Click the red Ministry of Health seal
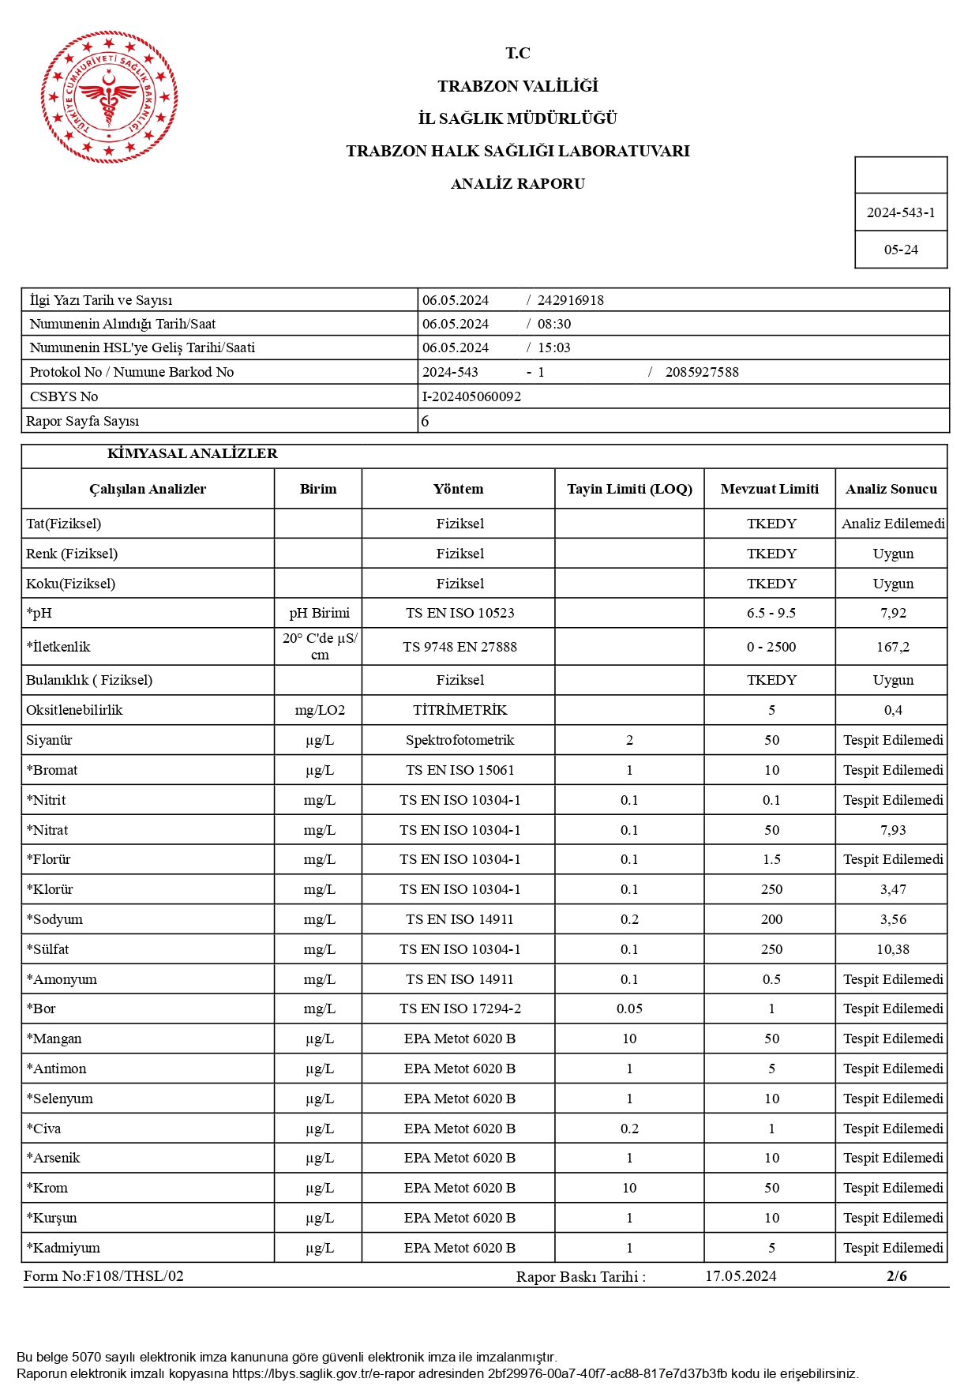pyautogui.click(x=109, y=97)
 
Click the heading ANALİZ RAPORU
pyautogui.click(x=517, y=184)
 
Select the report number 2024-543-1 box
pyautogui.click(x=900, y=212)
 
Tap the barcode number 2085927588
pyautogui.click(x=701, y=372)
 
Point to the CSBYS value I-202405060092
pyautogui.click(x=471, y=396)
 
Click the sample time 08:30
pyautogui.click(x=553, y=324)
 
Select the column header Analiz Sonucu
pyautogui.click(x=891, y=489)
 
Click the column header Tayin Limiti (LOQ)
pyautogui.click(x=628, y=489)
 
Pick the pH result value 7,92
pyautogui.click(x=892, y=613)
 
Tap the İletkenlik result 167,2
pyautogui.click(x=892, y=647)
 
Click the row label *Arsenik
pyautogui.click(x=54, y=1158)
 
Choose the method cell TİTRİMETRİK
pyautogui.click(x=459, y=710)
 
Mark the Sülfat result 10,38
pyautogui.click(x=892, y=949)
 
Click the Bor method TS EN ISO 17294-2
pyautogui.click(x=459, y=1009)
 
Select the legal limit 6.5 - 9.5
pyautogui.click(x=771, y=613)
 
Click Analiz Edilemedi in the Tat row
pyautogui.click(x=892, y=524)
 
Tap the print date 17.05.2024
pyautogui.click(x=740, y=1276)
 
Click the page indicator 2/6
pyautogui.click(x=896, y=1276)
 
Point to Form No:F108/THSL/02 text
pyautogui.click(x=103, y=1276)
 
